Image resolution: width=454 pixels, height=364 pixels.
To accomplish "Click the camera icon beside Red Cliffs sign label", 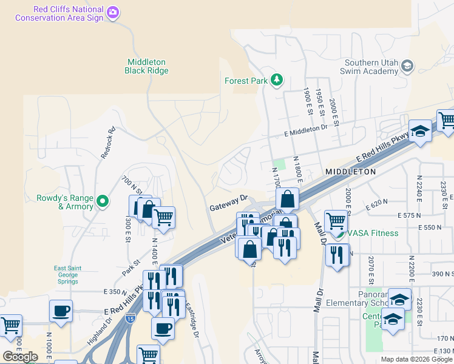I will [112, 12].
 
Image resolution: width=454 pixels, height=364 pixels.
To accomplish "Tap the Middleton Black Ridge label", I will [146, 66].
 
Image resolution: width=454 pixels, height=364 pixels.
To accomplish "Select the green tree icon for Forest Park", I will [277, 79].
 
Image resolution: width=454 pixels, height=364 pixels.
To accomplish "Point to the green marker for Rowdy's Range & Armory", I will [103, 200].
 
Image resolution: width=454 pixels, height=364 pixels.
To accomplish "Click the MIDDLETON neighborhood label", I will [350, 172].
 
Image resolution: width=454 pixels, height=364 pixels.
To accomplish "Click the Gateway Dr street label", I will [229, 203].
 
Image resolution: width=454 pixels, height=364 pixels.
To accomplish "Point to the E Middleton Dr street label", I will [305, 129].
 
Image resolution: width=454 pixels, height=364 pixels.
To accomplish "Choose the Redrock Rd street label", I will [108, 143].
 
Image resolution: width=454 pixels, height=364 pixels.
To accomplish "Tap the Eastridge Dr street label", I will [192, 321].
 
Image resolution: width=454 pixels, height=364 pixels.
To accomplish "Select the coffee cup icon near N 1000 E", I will [61, 311].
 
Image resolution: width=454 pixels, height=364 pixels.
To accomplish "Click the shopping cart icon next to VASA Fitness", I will [336, 221].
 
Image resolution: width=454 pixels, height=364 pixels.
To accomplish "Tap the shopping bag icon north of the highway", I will [287, 198].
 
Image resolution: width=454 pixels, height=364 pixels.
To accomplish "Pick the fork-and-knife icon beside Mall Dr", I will [337, 254].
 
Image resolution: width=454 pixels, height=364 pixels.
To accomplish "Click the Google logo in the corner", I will [20, 357].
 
